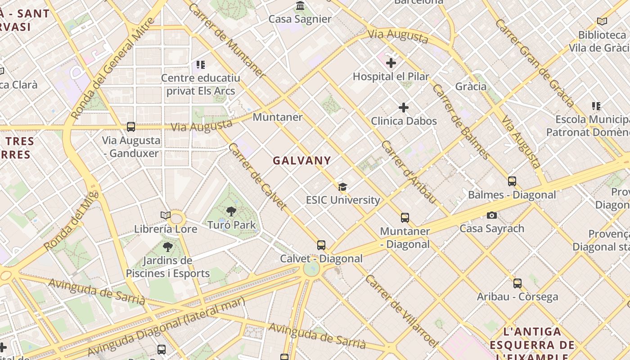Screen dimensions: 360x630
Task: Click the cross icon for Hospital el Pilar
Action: point(391,63)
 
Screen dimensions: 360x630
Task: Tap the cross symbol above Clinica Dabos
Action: point(404,108)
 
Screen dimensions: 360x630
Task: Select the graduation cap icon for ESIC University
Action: point(343,187)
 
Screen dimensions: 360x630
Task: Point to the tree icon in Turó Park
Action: point(231,211)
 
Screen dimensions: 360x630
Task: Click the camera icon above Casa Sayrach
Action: point(492,215)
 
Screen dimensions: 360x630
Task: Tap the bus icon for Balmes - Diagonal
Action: point(512,181)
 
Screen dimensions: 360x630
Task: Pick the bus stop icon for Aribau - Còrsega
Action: point(517,283)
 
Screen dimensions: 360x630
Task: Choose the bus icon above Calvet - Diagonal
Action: point(321,245)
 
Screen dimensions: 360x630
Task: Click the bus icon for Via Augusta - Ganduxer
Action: point(131,127)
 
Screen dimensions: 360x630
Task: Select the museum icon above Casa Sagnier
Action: point(300,6)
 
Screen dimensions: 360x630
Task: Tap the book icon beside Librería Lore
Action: point(166,216)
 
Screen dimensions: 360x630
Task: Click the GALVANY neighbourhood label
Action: point(301,160)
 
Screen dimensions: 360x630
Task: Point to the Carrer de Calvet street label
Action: point(257,176)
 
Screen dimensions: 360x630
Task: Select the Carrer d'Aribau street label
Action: point(409,171)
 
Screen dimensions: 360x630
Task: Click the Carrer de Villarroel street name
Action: point(401,311)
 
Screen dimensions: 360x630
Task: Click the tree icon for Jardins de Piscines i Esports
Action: point(167,247)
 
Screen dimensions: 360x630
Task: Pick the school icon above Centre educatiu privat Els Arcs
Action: point(200,65)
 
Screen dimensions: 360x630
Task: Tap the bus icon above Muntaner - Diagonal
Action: point(405,218)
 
